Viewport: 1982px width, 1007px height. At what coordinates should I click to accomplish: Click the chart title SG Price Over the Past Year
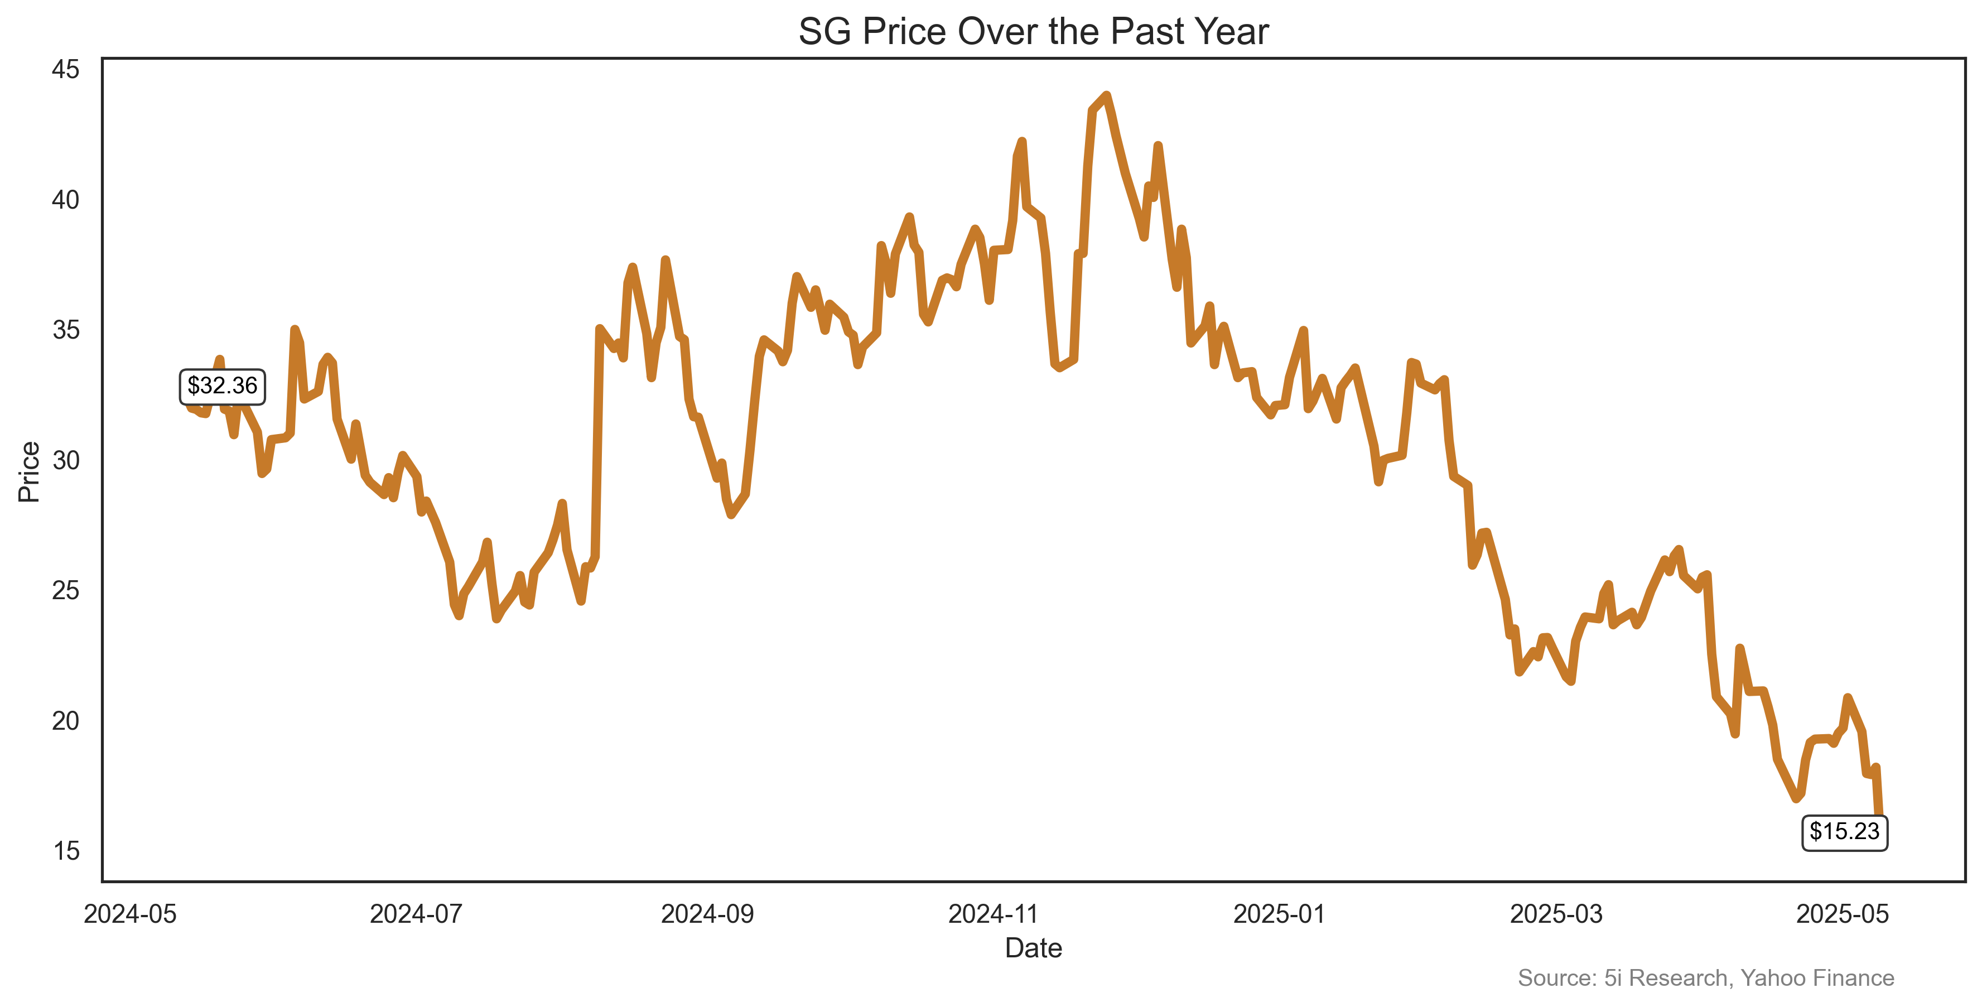pos(1033,32)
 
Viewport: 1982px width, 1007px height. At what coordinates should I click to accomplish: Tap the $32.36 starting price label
pos(223,386)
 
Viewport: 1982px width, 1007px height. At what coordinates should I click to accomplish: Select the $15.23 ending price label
pos(1844,832)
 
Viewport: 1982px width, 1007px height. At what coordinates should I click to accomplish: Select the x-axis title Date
pos(1033,948)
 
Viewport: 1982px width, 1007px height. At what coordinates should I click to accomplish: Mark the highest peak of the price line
pos(1106,95)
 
